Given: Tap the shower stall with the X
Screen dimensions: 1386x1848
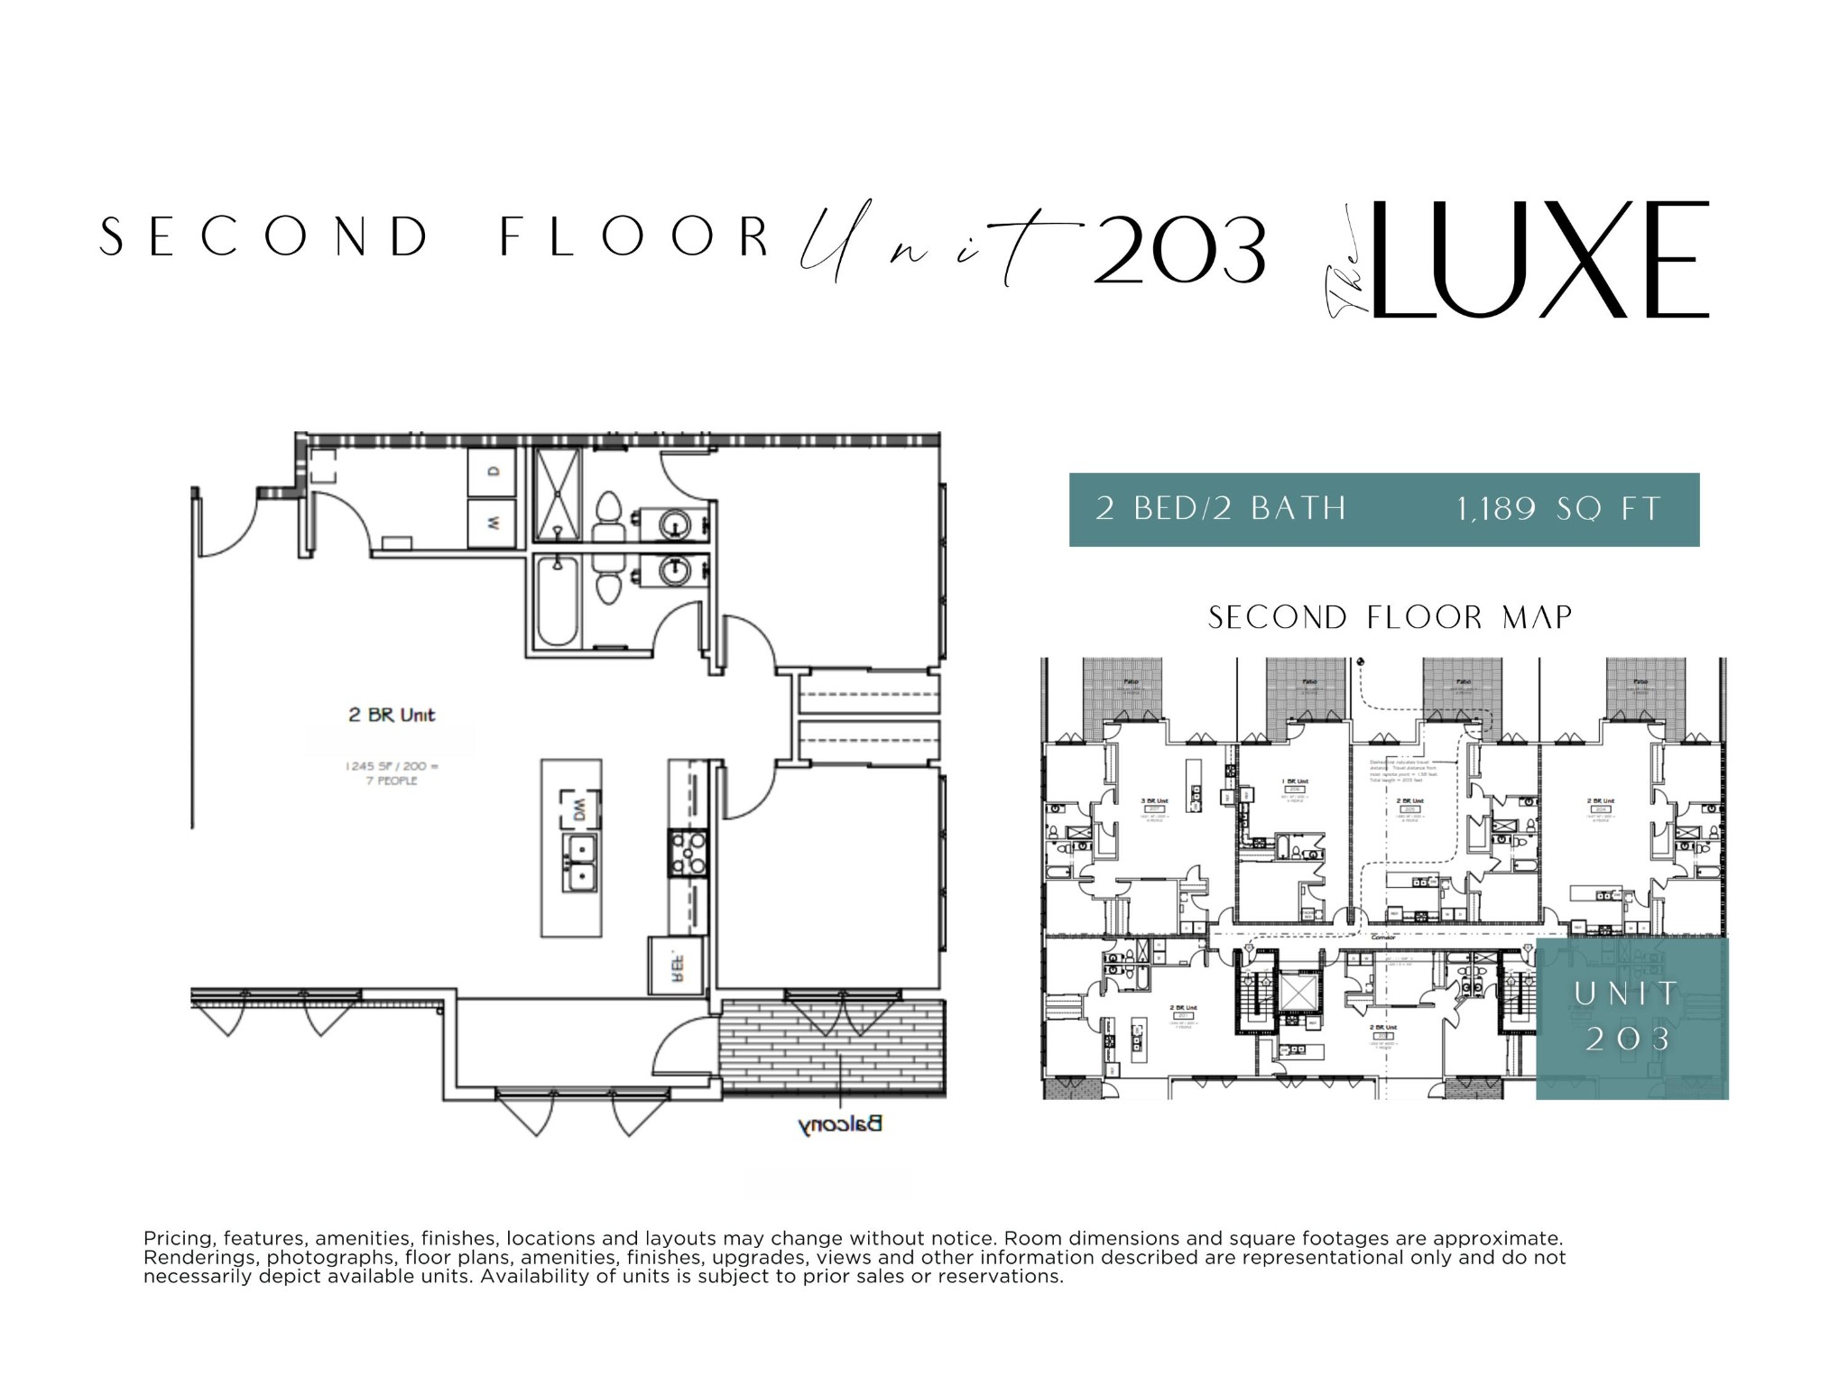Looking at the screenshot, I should tap(557, 494).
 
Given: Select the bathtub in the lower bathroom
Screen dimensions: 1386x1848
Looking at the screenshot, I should tap(556, 601).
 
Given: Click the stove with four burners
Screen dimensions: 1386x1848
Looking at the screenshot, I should tap(688, 853).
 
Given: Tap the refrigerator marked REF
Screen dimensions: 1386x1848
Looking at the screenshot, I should tap(676, 967).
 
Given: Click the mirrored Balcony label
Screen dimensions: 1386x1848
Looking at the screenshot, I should tap(839, 1124).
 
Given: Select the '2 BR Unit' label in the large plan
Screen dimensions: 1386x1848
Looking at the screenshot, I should tap(392, 715).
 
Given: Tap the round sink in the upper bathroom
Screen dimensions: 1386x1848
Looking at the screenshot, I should tap(672, 523).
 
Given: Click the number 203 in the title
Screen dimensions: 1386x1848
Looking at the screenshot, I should tap(1178, 250).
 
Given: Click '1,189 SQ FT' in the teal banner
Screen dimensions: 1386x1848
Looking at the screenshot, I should tap(1558, 510).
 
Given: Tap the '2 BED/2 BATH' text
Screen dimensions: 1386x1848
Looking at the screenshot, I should tap(1220, 510).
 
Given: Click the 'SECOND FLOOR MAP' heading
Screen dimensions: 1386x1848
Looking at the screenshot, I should tap(1390, 618).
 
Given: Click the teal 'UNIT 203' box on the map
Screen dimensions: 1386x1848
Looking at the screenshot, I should tap(1631, 1018).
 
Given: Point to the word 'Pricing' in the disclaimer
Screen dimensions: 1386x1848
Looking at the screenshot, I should tap(179, 1238).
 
